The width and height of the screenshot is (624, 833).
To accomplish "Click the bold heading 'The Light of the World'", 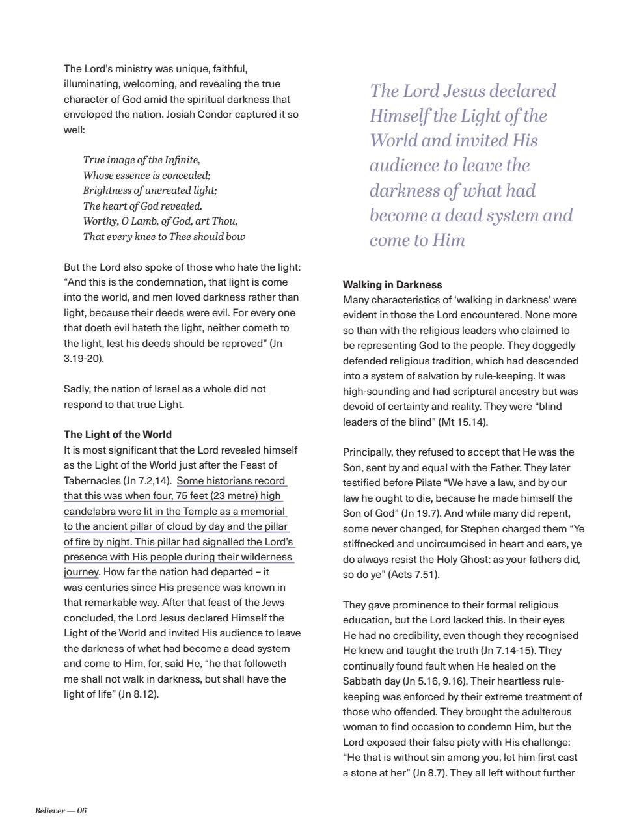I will [117, 435].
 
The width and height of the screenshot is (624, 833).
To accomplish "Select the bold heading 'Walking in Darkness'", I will [392, 285].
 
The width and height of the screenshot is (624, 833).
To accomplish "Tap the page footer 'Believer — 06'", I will [61, 810].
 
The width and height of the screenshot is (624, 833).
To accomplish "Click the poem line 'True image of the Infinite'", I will [141, 160].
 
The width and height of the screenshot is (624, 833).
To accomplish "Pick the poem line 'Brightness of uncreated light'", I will [150, 191].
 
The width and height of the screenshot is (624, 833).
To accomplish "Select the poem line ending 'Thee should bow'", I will [164, 237].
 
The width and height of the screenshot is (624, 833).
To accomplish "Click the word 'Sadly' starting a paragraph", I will [77, 389].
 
